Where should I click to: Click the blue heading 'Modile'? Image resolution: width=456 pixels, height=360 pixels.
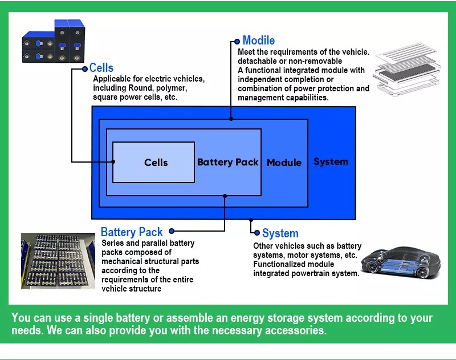click(259, 41)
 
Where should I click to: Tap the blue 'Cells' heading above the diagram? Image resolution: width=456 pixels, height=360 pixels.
click(101, 68)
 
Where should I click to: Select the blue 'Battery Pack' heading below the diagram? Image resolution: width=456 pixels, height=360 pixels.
click(132, 232)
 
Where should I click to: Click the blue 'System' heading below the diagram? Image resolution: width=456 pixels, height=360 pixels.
click(280, 233)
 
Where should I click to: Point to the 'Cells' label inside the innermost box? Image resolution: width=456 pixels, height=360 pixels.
click(156, 163)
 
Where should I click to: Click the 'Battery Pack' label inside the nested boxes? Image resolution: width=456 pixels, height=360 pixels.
click(227, 162)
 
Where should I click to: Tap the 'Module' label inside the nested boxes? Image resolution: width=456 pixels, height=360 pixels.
click(284, 163)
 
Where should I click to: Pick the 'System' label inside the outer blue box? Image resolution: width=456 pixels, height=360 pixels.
click(331, 161)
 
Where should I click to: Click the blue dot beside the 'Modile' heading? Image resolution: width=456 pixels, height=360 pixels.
click(237, 42)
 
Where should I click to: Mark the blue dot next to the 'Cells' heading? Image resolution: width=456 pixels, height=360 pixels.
click(84, 69)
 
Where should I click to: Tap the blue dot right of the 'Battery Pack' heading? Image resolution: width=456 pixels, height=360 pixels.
click(172, 231)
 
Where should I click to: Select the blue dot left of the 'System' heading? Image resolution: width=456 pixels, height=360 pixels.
click(257, 233)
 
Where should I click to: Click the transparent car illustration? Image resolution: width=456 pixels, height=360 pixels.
click(401, 262)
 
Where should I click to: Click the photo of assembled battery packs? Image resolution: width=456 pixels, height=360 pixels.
click(58, 261)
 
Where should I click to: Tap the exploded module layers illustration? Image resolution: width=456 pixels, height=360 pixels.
click(407, 69)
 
